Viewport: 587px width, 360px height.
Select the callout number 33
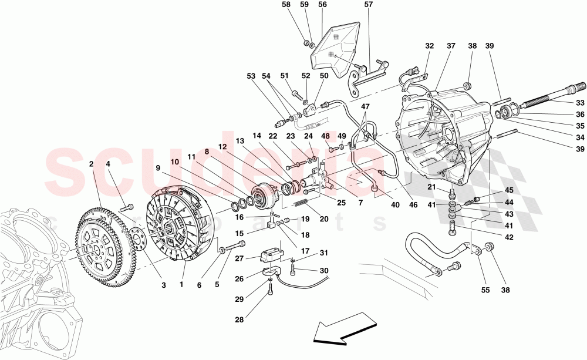tap(579, 101)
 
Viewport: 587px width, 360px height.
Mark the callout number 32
tap(430, 45)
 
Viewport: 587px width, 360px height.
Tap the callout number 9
tap(158, 167)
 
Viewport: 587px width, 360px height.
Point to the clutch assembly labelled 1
tap(176, 226)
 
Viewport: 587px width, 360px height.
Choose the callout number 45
tap(508, 190)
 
